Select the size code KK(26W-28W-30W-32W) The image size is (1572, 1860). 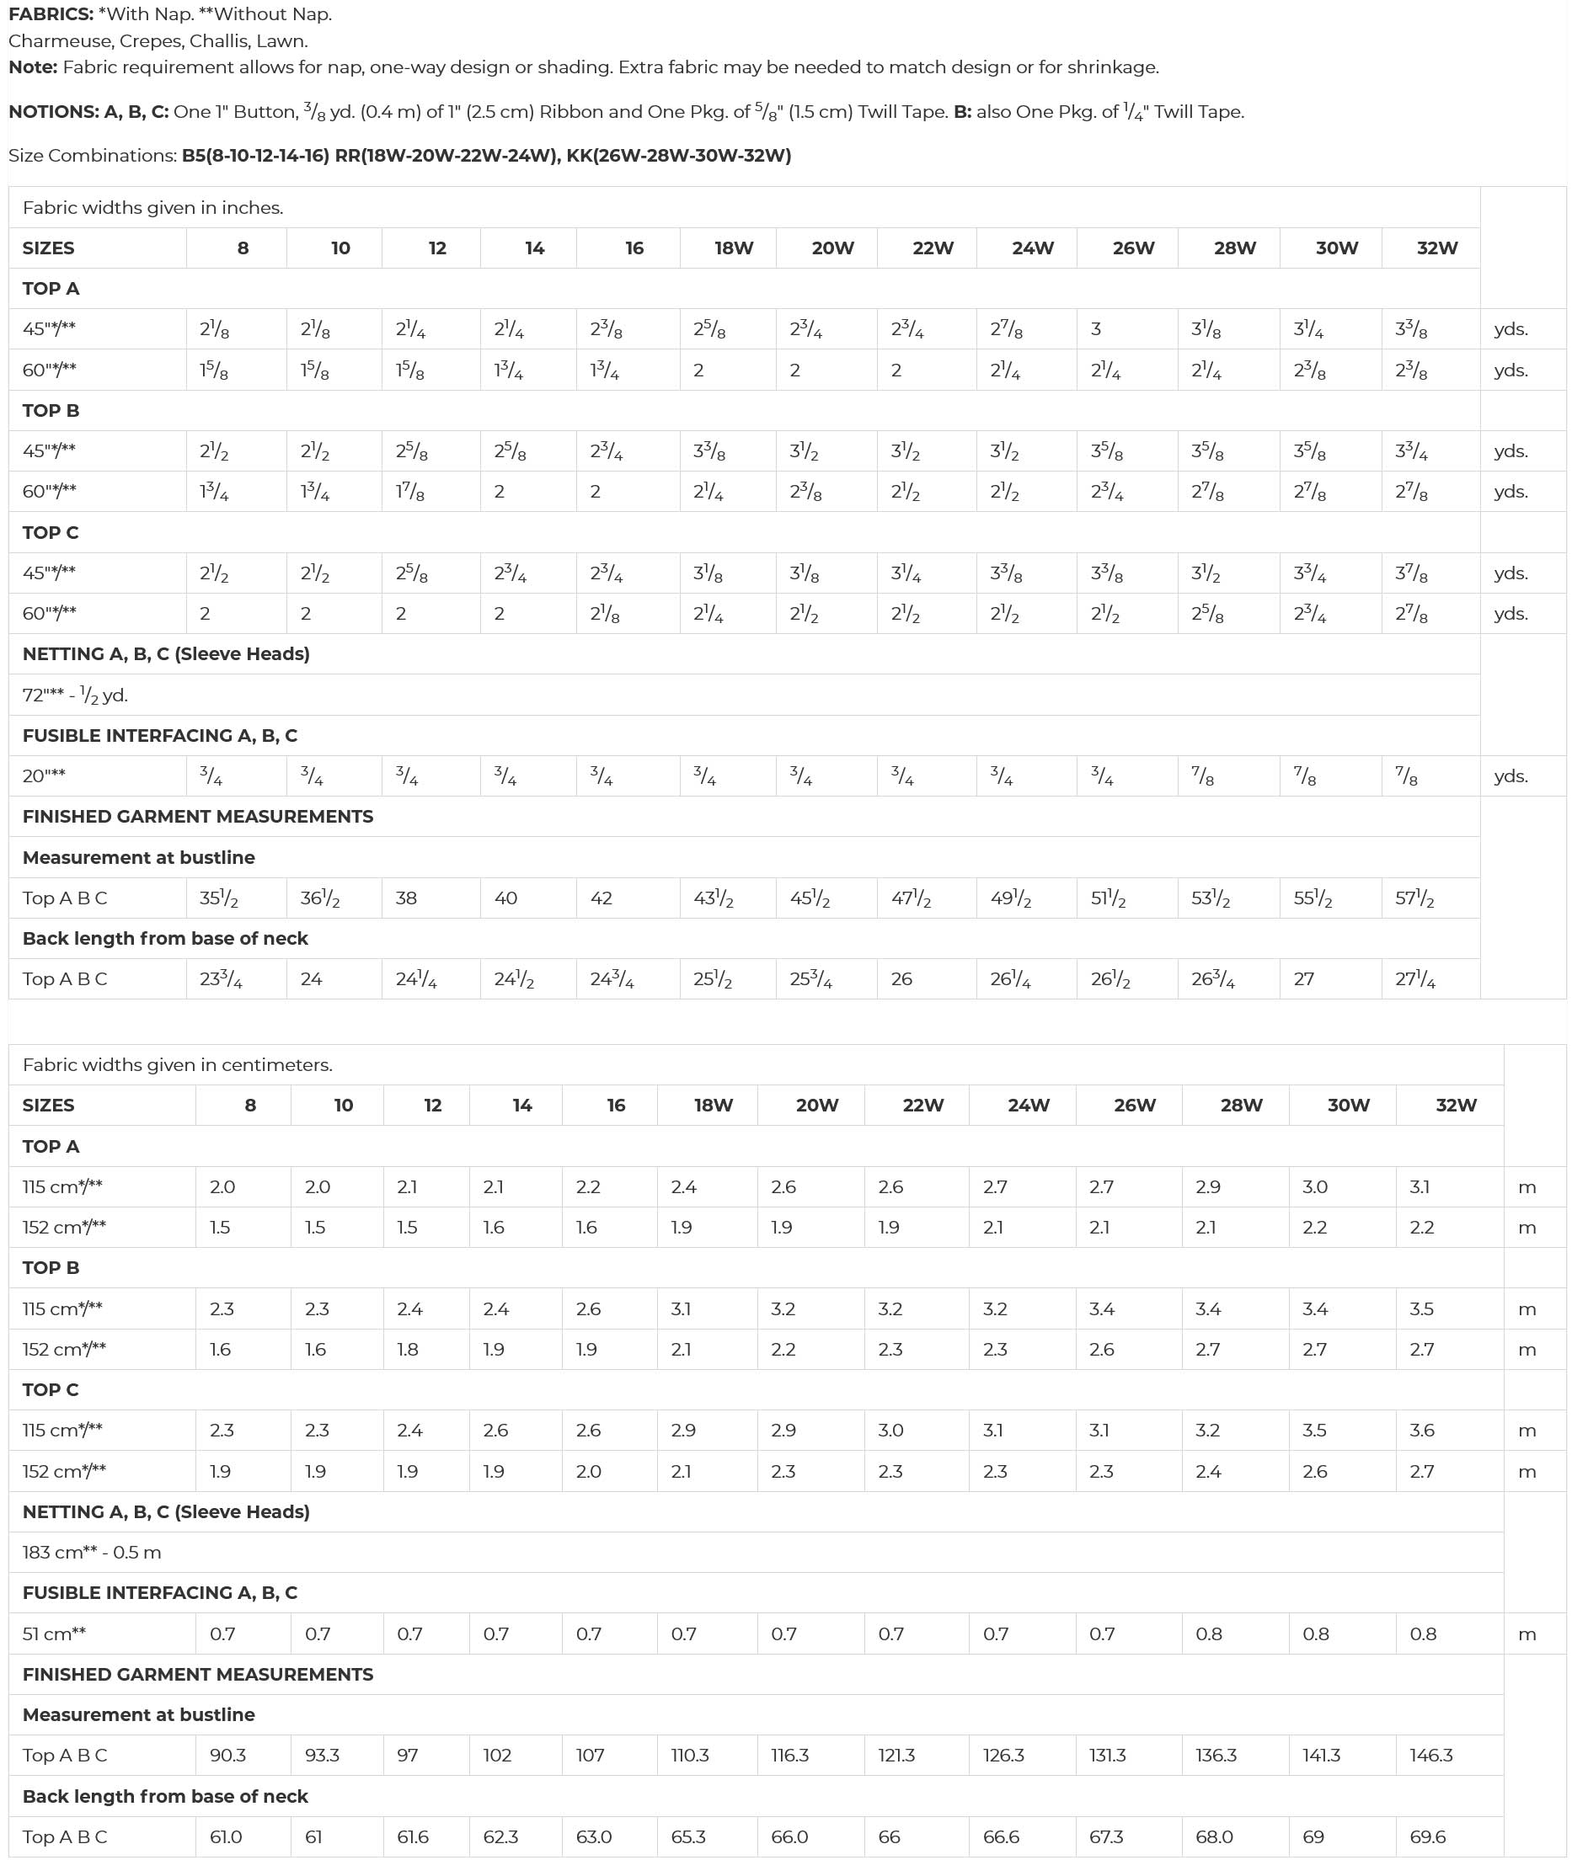(679, 156)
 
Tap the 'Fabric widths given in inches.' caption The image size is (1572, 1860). (153, 208)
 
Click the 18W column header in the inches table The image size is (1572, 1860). (734, 248)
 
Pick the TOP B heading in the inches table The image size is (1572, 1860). (51, 411)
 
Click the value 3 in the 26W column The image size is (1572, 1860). (1096, 328)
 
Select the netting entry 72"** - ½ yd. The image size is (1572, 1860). (76, 695)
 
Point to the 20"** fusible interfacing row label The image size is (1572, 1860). (44, 775)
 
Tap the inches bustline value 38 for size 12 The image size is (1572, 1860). (406, 898)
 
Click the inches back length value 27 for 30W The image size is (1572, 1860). (1304, 979)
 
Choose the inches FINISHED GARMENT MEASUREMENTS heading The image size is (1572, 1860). (198, 817)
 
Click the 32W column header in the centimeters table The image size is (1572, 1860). (1456, 1106)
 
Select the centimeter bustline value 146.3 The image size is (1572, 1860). (1431, 1755)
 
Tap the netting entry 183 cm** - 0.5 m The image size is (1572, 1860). (92, 1552)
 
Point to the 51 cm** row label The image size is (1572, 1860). (55, 1633)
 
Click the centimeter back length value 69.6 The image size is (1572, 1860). (1428, 1836)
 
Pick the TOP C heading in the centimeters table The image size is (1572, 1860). (51, 1389)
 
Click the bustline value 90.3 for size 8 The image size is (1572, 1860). (228, 1755)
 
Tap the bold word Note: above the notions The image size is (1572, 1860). (33, 67)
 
